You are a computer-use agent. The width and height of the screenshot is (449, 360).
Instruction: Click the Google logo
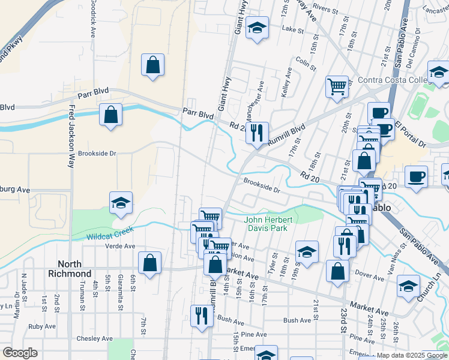coord(20,353)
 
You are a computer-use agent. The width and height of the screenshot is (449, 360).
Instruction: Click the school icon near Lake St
coord(258,29)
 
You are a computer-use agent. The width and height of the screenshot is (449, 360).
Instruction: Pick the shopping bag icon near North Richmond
coord(149,263)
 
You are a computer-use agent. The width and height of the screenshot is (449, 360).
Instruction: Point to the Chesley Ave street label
coord(95,338)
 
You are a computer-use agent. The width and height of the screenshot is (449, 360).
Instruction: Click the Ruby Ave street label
coord(41,327)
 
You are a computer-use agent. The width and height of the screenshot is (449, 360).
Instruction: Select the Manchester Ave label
coord(261,95)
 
